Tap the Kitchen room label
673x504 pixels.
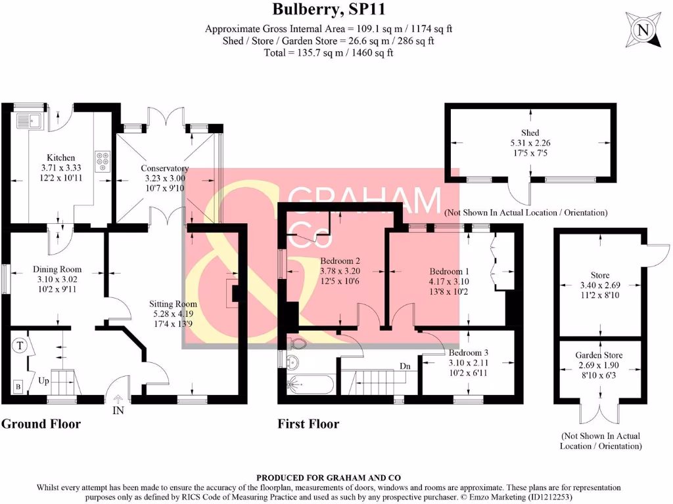coord(60,157)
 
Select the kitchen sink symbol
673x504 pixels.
coord(30,121)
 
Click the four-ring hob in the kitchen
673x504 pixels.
coord(103,161)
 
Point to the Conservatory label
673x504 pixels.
coord(164,168)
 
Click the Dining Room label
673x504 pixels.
coord(57,269)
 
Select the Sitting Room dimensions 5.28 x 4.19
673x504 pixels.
coord(173,314)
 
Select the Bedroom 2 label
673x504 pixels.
coord(340,260)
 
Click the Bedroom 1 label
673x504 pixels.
coord(450,271)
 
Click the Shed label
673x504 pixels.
coord(530,133)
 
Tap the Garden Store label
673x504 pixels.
coord(599,355)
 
